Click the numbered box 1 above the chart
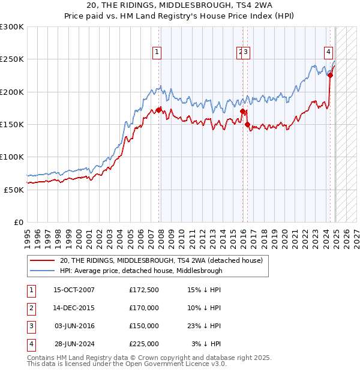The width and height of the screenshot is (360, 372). click(157, 52)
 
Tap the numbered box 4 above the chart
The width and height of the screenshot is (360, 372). click(329, 52)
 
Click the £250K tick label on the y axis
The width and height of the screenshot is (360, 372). click(13, 59)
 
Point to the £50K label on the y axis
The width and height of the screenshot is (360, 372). click(14, 190)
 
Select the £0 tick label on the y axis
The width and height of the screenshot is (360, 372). click(19, 222)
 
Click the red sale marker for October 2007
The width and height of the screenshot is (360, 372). click(159, 110)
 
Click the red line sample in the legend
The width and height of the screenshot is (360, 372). click(42, 261)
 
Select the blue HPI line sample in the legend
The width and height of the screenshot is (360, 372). click(42, 271)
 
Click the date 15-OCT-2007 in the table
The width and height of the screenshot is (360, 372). click(74, 290)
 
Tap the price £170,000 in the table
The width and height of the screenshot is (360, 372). click(144, 308)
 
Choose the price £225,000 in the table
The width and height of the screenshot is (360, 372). click(144, 344)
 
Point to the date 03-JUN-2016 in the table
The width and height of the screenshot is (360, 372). click(74, 326)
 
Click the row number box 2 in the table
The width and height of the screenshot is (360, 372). click(30, 308)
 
